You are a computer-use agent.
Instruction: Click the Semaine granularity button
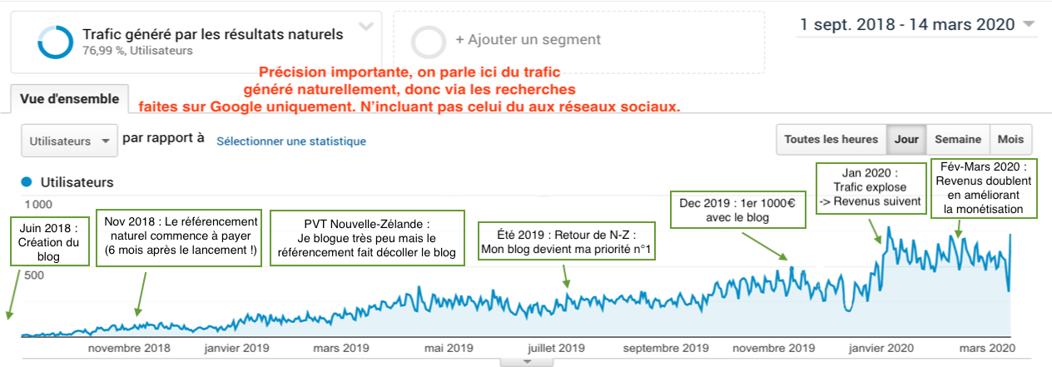[957, 140]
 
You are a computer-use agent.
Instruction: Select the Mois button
[1011, 140]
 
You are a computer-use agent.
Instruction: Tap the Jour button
[906, 140]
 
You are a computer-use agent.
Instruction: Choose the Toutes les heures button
[831, 140]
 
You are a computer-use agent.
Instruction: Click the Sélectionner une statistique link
[291, 141]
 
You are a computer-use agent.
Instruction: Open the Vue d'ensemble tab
[70, 98]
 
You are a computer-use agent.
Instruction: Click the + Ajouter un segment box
[578, 40]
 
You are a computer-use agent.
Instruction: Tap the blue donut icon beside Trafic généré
[55, 41]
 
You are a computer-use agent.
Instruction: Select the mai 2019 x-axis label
[449, 348]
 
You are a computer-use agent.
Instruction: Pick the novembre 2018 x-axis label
[129, 348]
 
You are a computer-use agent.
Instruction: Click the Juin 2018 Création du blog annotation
[49, 241]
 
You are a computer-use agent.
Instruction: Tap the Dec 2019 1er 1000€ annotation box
[738, 209]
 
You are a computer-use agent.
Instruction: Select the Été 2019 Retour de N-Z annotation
[566, 241]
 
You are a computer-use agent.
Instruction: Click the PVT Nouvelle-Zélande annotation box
[366, 239]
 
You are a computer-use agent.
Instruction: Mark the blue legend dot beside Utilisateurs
[27, 181]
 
